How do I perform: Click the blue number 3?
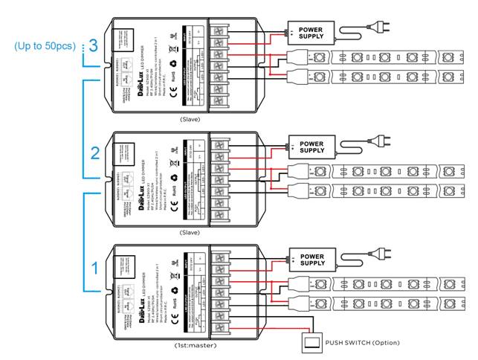[x=93, y=45]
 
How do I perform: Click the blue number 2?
[x=94, y=153]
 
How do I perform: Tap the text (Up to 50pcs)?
[x=44, y=46]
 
